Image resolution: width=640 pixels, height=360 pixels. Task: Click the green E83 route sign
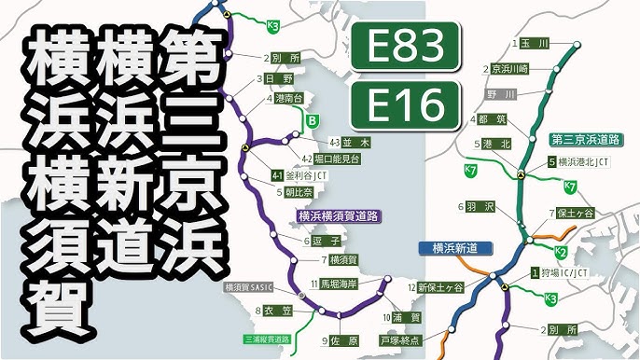pos(404,48)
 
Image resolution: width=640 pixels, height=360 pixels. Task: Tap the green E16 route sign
pos(404,106)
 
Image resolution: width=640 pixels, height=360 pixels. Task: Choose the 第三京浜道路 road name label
pos(587,139)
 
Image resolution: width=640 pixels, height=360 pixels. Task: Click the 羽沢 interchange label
pos(482,204)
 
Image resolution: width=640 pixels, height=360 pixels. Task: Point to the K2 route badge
pos(561,253)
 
